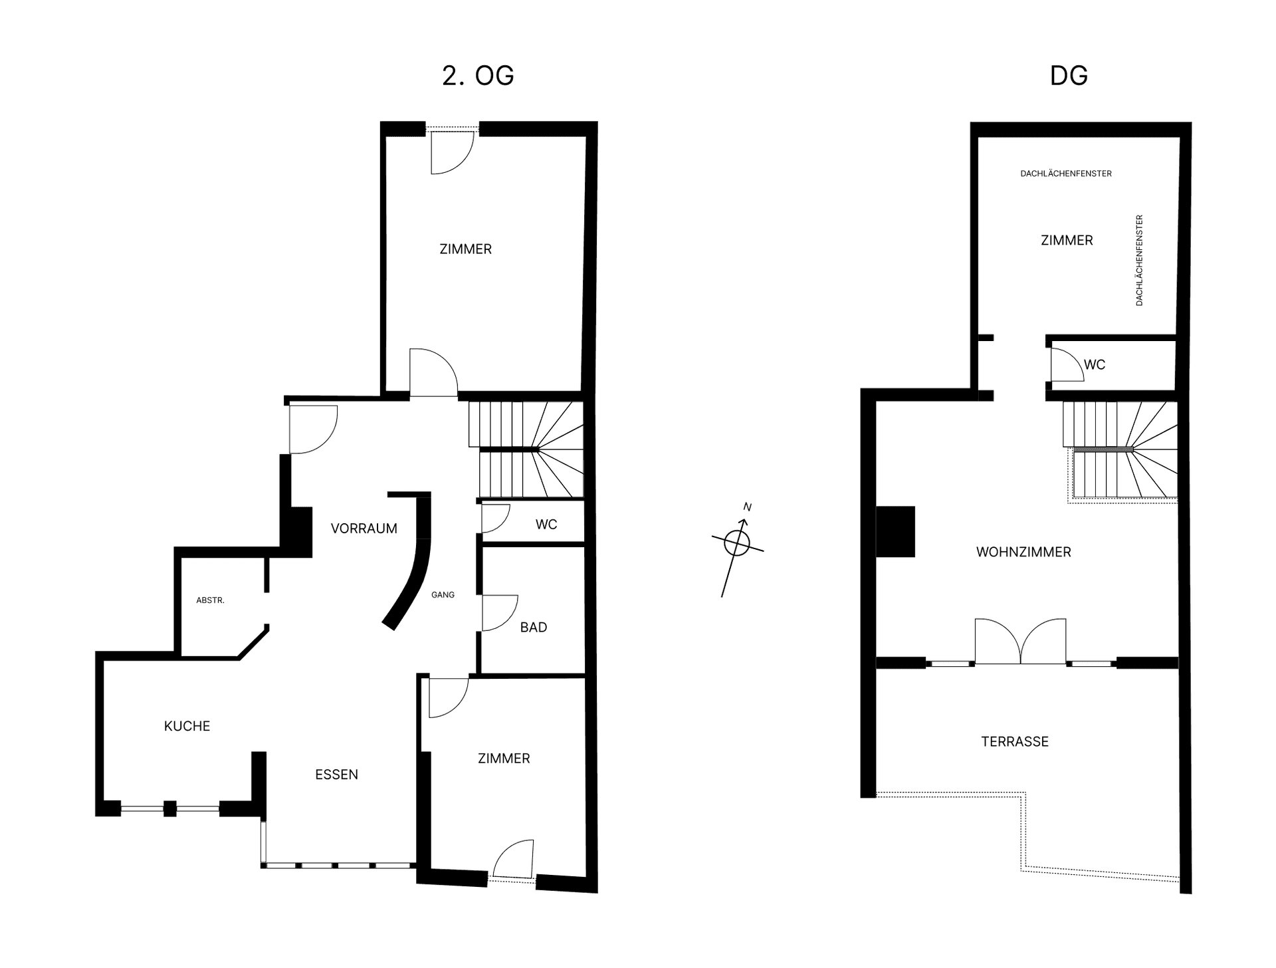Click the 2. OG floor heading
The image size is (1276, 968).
(x=478, y=76)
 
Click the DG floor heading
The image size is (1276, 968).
(x=1069, y=76)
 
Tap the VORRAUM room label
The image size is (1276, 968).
(x=364, y=529)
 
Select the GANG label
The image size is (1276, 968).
(x=443, y=595)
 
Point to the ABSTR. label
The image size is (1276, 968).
(x=210, y=600)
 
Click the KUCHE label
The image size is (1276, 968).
(x=187, y=726)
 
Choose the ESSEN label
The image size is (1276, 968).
(x=336, y=775)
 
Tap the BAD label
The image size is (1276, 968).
(x=534, y=627)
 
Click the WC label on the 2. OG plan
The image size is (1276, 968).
(x=546, y=525)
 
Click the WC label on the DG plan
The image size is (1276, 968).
(x=1095, y=364)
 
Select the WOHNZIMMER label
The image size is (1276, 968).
(x=1023, y=552)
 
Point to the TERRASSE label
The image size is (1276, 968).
(x=1015, y=741)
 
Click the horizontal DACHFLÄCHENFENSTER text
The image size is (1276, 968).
(x=1066, y=174)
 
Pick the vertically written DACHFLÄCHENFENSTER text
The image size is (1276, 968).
(x=1139, y=260)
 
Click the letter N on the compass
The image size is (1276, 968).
(x=747, y=507)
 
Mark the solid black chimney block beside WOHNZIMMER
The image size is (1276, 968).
(x=895, y=531)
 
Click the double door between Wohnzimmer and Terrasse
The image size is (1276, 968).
(x=1020, y=642)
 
